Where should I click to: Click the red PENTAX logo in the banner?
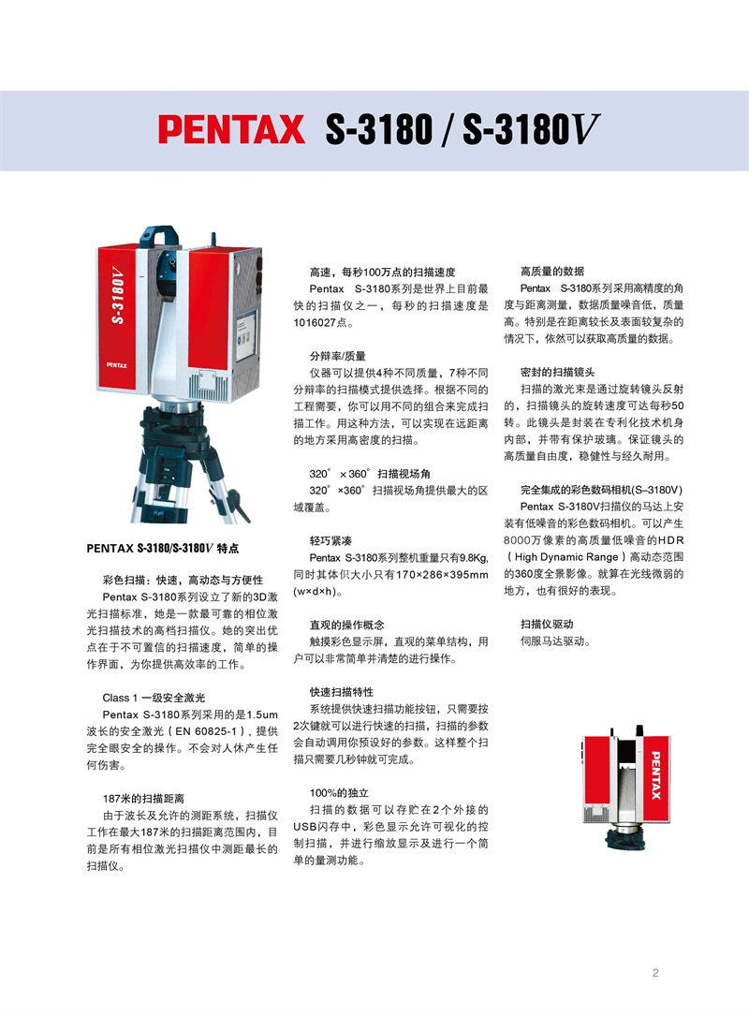[231, 129]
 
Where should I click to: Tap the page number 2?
[655, 973]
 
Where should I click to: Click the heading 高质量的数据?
[552, 271]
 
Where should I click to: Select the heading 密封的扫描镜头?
[557, 372]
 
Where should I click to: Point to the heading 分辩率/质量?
[338, 356]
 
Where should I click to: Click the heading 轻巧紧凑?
[330, 540]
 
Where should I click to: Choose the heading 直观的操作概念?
[346, 625]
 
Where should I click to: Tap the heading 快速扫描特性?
[342, 692]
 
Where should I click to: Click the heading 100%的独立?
[339, 792]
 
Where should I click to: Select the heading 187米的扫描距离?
[143, 798]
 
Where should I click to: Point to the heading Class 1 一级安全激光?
[154, 698]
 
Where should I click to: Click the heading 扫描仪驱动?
[547, 624]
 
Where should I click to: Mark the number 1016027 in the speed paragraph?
[315, 323]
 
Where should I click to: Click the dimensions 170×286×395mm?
[442, 575]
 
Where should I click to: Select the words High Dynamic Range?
[566, 556]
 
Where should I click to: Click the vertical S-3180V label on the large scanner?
[117, 294]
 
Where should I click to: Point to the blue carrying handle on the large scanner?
[160, 237]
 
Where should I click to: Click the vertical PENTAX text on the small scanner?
[655, 775]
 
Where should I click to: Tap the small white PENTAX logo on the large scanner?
[117, 365]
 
